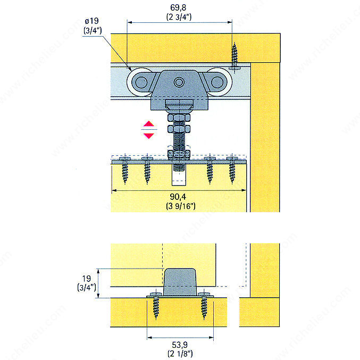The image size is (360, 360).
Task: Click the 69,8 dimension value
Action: click(178, 7)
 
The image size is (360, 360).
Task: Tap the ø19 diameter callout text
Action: click(91, 21)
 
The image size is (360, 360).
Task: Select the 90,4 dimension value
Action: click(178, 197)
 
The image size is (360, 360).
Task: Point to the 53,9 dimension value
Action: click(180, 345)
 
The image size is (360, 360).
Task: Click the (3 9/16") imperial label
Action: click(181, 206)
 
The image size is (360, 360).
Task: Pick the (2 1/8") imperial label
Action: click(180, 354)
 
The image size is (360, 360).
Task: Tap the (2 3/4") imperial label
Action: click(179, 17)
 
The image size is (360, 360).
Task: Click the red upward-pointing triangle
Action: click(149, 124)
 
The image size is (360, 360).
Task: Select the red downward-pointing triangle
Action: click(149, 136)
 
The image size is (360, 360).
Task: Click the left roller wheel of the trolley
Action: click(140, 82)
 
